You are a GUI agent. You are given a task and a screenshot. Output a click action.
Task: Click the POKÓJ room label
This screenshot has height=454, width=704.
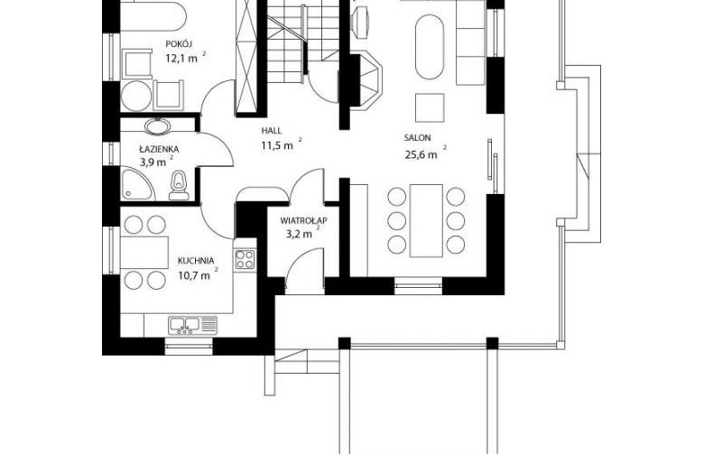click(179, 43)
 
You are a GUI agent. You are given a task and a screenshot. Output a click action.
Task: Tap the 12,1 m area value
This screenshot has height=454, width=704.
click(181, 59)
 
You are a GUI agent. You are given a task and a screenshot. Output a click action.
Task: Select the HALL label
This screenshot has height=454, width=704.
click(272, 131)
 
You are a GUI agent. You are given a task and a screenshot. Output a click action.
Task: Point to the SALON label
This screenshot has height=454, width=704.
click(417, 138)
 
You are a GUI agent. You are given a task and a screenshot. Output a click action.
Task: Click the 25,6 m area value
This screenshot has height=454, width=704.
click(421, 155)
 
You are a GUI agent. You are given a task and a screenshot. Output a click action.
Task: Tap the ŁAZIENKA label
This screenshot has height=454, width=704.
click(159, 149)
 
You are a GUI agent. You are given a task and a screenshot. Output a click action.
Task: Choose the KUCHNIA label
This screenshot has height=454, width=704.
click(196, 261)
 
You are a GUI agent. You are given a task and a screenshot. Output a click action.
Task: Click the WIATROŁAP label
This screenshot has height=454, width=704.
click(303, 220)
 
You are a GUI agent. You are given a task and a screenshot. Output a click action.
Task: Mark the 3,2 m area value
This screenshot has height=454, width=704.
click(299, 234)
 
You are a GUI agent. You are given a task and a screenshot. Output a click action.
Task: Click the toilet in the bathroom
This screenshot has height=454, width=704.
click(179, 186)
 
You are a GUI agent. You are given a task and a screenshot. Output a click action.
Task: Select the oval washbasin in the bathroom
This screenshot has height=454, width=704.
click(158, 126)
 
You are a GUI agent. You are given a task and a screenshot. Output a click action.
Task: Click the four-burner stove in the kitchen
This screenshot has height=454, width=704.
click(245, 259)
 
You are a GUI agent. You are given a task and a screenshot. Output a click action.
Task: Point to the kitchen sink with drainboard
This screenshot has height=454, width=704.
click(192, 325)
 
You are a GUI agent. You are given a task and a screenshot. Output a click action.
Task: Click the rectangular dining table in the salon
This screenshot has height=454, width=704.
click(426, 220)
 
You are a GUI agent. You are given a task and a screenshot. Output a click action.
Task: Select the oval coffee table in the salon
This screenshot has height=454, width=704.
click(430, 47)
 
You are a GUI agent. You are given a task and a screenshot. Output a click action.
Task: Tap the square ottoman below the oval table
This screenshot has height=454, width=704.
click(430, 107)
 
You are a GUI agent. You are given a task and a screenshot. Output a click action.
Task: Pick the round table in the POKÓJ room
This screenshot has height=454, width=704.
click(136, 96)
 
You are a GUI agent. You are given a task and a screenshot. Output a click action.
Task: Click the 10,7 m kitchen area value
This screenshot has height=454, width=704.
click(194, 275)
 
